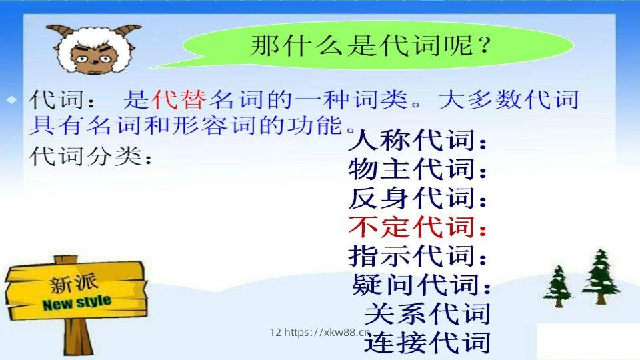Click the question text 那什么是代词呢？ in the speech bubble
click(371, 47)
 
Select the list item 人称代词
click(418, 142)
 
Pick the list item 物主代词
click(418, 171)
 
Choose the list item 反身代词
click(418, 199)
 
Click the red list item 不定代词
click(418, 227)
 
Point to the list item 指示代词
click(418, 256)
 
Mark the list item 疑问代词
click(421, 285)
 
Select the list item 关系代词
click(427, 313)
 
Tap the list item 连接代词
click(427, 342)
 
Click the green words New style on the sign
click(77, 303)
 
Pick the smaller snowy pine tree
click(557, 285)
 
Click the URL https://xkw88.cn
click(327, 332)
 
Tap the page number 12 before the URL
click(275, 332)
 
